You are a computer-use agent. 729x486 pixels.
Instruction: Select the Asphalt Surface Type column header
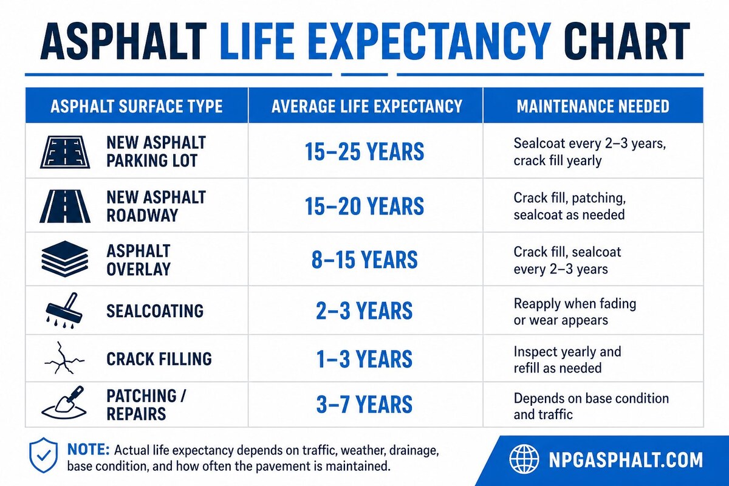(136, 107)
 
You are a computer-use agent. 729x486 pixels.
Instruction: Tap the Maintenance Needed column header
(593, 107)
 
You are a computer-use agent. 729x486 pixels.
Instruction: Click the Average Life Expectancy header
(366, 107)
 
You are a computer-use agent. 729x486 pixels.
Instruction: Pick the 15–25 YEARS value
(364, 152)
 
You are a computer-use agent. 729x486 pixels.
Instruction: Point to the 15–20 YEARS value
(364, 206)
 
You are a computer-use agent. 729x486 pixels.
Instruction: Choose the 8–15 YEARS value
(364, 259)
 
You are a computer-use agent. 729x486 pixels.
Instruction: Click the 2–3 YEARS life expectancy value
(364, 310)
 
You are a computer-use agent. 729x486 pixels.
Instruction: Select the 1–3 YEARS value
(364, 358)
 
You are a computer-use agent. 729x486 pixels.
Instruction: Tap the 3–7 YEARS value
(364, 405)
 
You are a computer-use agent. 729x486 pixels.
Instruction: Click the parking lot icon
(64, 152)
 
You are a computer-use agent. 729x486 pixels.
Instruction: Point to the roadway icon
(64, 206)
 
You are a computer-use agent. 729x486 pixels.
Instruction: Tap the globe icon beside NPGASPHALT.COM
(524, 459)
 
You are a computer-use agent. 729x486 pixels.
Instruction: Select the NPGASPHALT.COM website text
(624, 459)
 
